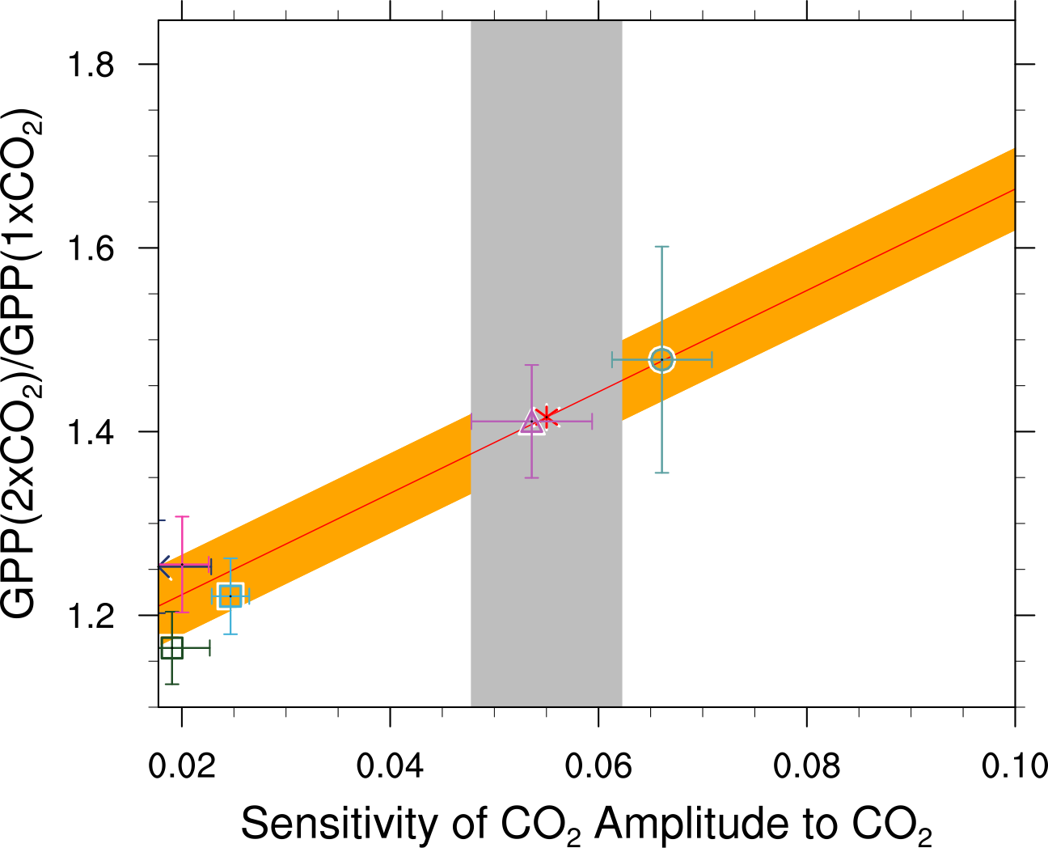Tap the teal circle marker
tap(661, 359)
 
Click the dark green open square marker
tap(171, 648)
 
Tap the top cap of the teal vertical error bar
tap(661, 246)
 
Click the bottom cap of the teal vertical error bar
tap(661, 473)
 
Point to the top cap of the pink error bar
tap(183, 516)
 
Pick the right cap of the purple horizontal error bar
tap(593, 422)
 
